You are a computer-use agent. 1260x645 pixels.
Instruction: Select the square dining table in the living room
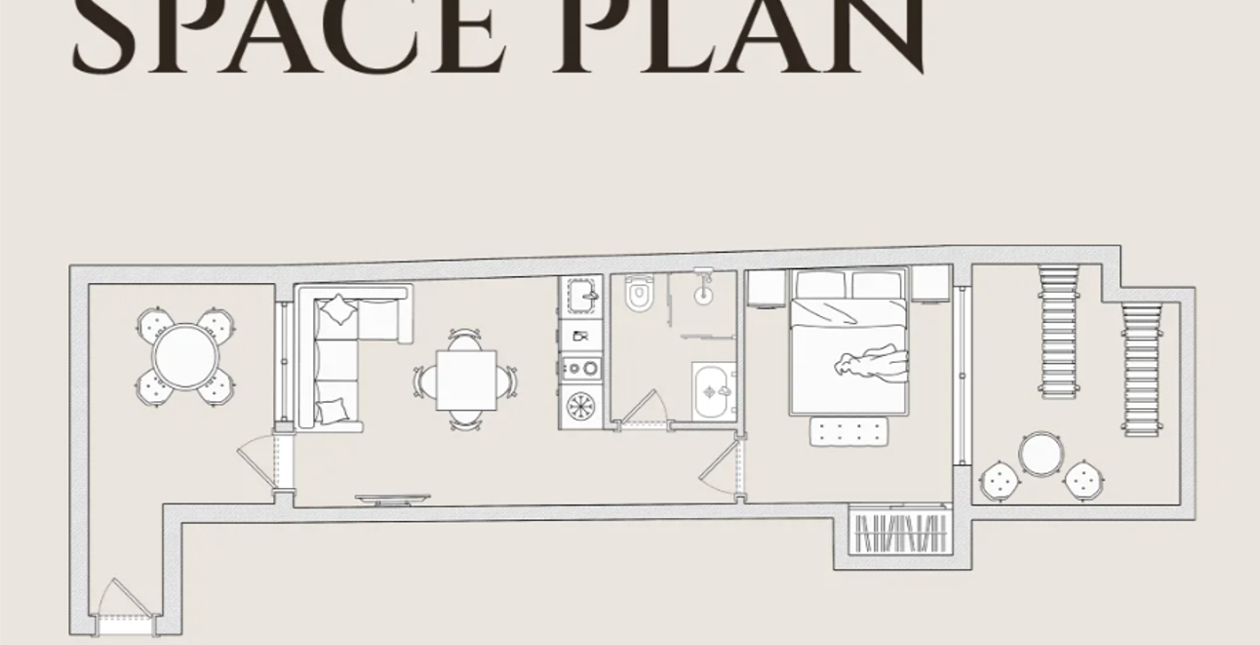point(466,380)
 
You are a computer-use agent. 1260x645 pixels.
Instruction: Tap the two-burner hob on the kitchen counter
point(580,368)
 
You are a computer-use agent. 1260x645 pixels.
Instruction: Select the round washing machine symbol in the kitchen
point(581,405)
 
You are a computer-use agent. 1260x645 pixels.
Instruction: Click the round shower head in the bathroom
point(702,295)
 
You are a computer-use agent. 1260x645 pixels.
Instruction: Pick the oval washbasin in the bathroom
point(715,391)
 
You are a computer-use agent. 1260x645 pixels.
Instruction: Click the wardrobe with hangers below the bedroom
point(901,533)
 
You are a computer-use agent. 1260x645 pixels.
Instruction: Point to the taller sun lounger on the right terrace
point(1060,333)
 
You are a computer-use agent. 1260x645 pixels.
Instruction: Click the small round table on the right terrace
point(1040,453)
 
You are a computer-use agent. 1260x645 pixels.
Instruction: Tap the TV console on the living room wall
point(393,500)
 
